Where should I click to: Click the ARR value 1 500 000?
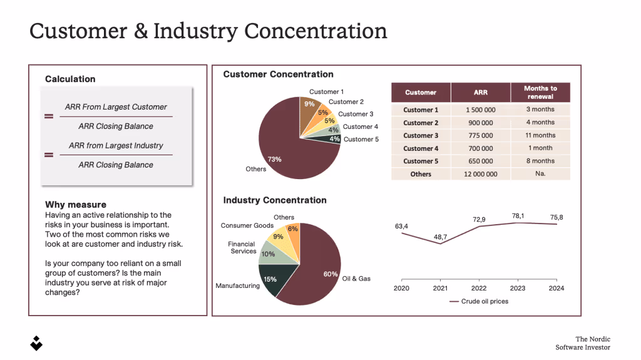click(x=480, y=110)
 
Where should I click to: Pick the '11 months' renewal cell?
click(x=540, y=135)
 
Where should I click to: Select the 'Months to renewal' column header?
click(x=540, y=92)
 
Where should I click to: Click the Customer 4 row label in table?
click(x=421, y=148)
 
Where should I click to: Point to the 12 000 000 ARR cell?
click(x=480, y=174)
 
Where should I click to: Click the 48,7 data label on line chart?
click(x=440, y=237)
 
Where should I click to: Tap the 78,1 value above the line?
click(x=518, y=216)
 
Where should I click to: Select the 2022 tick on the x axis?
click(x=479, y=288)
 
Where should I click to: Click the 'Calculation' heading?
click(x=70, y=79)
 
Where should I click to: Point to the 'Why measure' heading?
click(x=76, y=205)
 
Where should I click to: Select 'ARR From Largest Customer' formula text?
click(x=116, y=107)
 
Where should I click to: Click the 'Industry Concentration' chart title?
click(x=275, y=200)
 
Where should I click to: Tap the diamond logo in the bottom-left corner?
click(x=36, y=342)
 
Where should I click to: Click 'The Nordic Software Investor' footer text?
click(x=582, y=343)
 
